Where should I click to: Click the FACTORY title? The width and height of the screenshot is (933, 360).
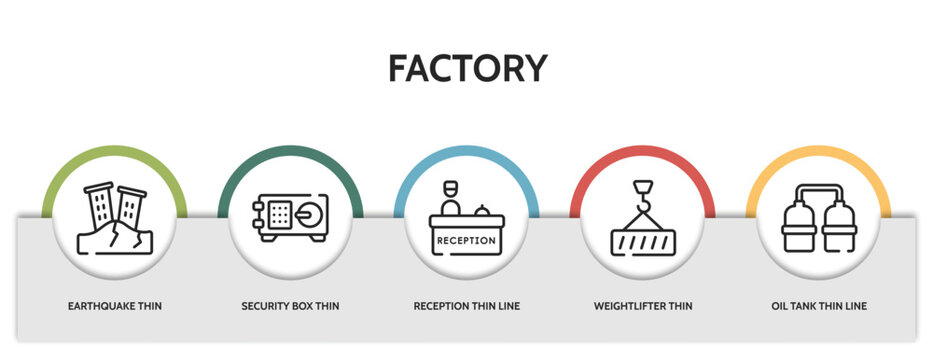click(467, 68)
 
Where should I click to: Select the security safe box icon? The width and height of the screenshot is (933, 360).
click(290, 218)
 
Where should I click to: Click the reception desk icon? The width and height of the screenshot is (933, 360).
click(466, 221)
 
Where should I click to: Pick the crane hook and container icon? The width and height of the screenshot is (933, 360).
click(642, 220)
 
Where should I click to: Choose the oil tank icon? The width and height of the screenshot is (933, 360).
click(818, 218)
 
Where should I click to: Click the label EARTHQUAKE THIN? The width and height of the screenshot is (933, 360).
click(114, 305)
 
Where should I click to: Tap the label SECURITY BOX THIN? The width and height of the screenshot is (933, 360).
click(290, 305)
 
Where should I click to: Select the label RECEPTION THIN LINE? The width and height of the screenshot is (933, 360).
click(466, 305)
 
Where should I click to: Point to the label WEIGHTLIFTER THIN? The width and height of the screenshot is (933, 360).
click(642, 305)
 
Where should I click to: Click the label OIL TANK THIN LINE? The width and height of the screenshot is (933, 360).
click(818, 305)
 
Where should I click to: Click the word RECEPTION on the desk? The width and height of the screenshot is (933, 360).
click(466, 240)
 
